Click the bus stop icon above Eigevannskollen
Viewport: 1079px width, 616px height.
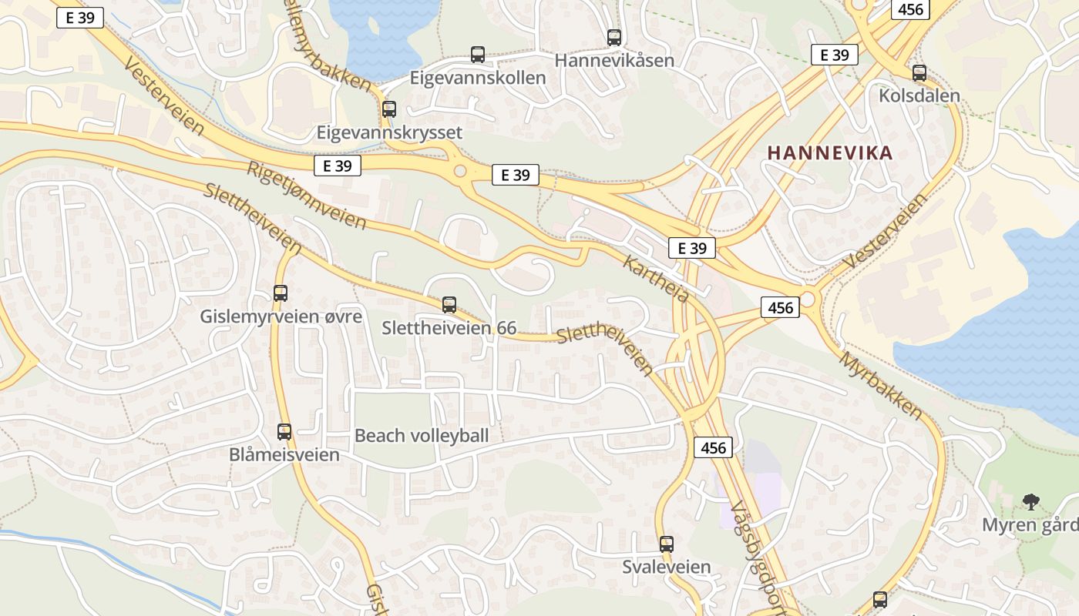(478, 55)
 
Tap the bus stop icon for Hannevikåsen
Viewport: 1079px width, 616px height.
(614, 37)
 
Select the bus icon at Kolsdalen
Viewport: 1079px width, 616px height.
(919, 73)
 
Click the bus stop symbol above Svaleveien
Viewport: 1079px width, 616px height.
(667, 544)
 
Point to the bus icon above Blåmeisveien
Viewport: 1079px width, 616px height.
(284, 432)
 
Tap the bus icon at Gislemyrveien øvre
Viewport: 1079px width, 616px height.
(281, 293)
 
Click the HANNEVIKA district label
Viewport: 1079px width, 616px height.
(830, 152)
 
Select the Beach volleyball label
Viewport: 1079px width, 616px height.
(422, 436)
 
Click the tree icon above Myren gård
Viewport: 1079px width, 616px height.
(1030, 502)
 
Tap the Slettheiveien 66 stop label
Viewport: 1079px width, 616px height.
(449, 328)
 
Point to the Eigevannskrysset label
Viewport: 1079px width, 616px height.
(389, 132)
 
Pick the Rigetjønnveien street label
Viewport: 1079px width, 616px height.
(306, 196)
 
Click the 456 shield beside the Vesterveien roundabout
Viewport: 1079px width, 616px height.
(780, 308)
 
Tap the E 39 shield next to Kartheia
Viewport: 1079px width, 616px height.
(691, 248)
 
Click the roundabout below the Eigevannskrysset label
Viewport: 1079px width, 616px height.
(461, 171)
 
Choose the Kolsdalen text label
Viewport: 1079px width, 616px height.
(919, 96)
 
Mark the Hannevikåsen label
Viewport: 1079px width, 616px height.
(614, 60)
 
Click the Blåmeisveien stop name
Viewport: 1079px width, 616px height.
(284, 455)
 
